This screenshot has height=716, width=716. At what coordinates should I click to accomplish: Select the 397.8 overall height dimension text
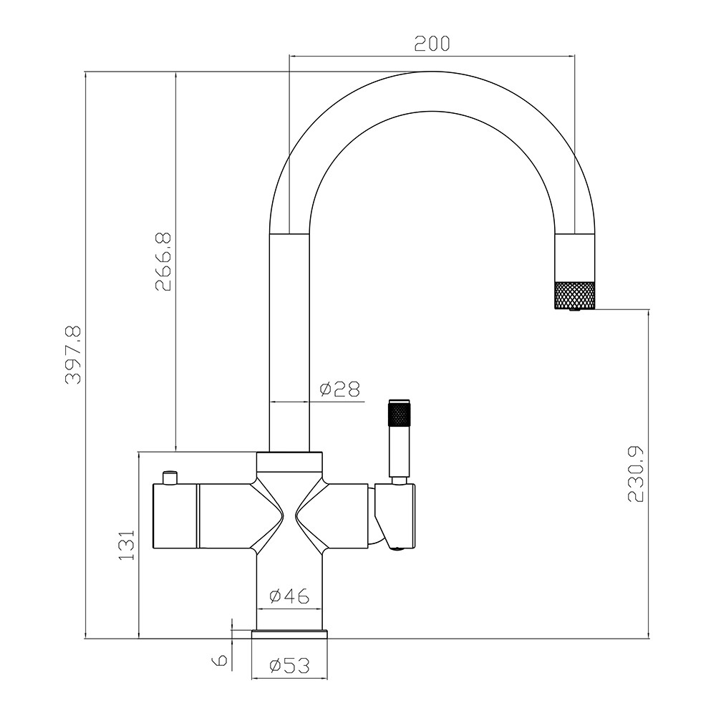(x=74, y=354)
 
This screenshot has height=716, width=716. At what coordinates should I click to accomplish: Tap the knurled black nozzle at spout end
(x=575, y=294)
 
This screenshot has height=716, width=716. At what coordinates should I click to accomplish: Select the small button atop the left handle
(x=170, y=476)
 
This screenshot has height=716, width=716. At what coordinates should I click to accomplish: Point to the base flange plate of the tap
(x=289, y=634)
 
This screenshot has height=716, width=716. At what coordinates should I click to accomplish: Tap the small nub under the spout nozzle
(x=574, y=309)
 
